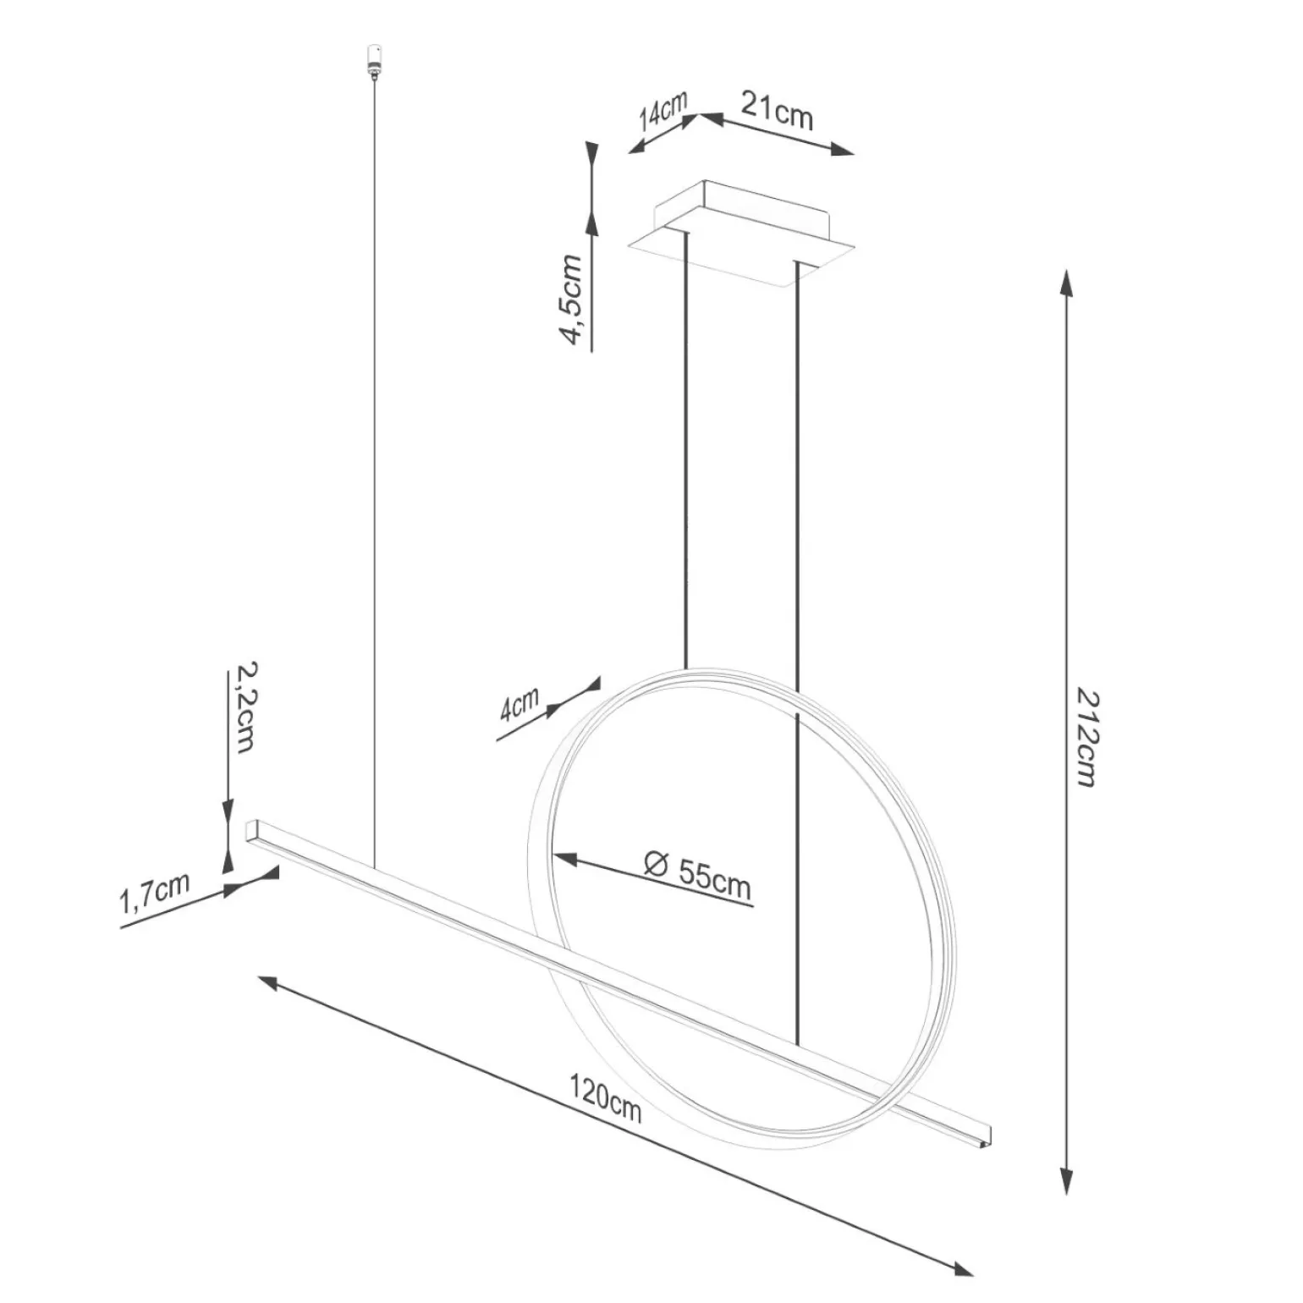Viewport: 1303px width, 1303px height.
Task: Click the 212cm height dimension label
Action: pos(1086,736)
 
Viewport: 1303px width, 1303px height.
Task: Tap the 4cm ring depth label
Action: pos(519,703)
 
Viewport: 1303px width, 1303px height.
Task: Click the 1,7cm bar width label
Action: pos(153,894)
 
